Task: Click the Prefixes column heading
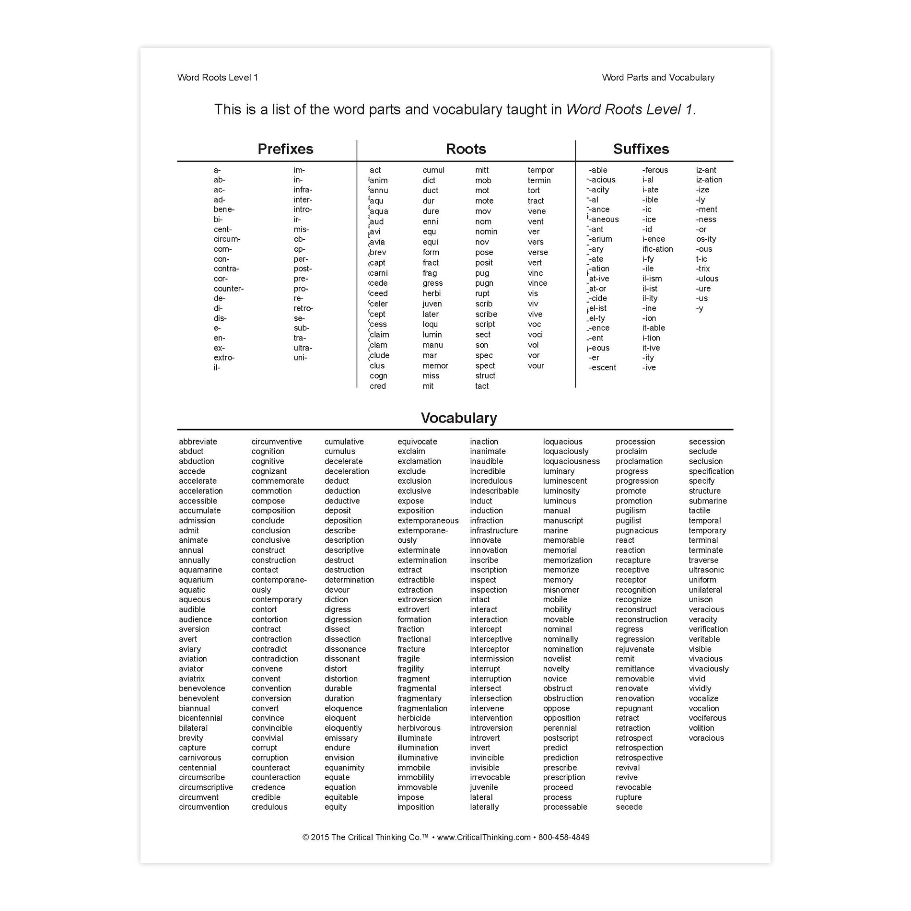coord(285,149)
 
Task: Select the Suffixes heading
coord(641,149)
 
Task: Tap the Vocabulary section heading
coord(459,418)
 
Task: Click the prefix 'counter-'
coord(229,289)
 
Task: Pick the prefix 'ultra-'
coord(303,348)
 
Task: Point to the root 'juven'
coord(432,304)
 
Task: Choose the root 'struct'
coord(485,376)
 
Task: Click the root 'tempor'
coord(540,170)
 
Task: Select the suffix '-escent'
coord(603,368)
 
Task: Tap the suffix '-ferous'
coord(655,170)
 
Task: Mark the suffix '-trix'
coord(703,269)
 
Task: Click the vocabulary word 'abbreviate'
coord(198,442)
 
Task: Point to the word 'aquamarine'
coord(200,570)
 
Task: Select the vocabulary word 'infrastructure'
coord(494,531)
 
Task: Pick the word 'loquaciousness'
coord(571,461)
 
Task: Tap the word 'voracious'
coord(706,738)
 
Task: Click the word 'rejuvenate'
coord(635,649)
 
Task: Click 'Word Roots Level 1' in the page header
coord(218,78)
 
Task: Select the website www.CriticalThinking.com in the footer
coord(484,837)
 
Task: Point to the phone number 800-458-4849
coord(564,837)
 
